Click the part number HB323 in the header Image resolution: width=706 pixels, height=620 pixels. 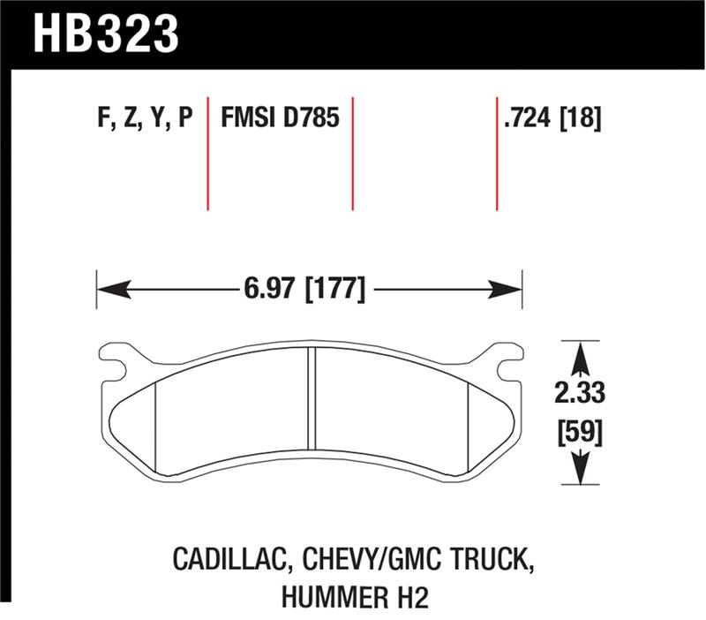pos(107,34)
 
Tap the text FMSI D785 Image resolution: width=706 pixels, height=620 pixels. pos(280,119)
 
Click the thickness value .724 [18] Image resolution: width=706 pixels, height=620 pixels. pos(552,119)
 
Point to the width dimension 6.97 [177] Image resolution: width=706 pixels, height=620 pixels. pos(301,288)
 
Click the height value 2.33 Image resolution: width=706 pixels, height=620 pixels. pos(580,394)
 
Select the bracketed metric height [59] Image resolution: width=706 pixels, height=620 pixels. pos(580,435)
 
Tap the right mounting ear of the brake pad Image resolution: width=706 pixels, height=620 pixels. pos(505,362)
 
